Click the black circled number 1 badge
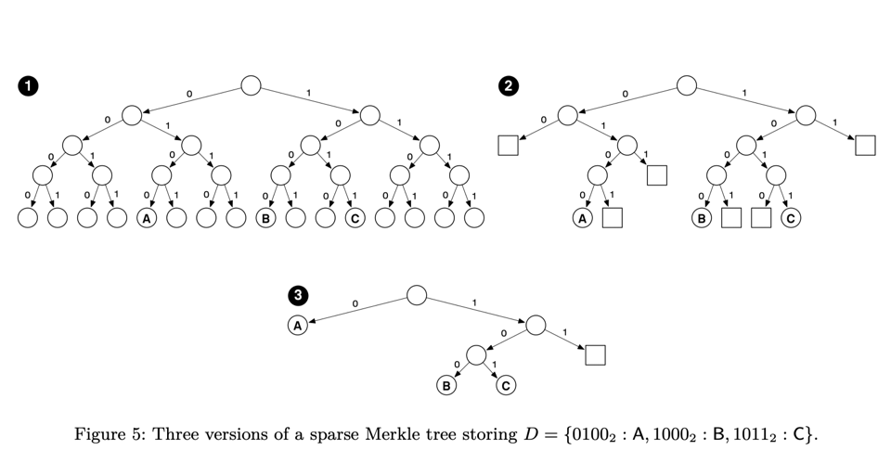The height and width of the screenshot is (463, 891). click(x=29, y=86)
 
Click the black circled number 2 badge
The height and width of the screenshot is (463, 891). click(x=508, y=86)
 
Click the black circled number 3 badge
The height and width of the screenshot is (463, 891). click(x=297, y=296)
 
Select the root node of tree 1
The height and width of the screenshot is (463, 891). click(x=251, y=86)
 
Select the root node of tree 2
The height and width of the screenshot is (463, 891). click(x=686, y=86)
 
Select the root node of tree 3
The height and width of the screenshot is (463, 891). click(x=417, y=296)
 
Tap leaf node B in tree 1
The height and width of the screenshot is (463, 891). click(x=265, y=219)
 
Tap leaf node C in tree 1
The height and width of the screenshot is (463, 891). click(x=355, y=219)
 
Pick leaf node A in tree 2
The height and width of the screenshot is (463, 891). click(x=583, y=219)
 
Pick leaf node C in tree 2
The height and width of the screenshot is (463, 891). click(x=791, y=219)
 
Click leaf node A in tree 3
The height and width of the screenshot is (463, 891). click(x=297, y=326)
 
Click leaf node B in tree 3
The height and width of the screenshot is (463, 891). click(x=447, y=385)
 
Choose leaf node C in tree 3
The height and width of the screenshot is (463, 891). click(x=506, y=385)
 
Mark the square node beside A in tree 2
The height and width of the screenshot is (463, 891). click(x=613, y=219)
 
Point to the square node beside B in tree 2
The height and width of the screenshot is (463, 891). click(x=731, y=219)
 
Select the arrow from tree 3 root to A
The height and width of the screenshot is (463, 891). click(x=357, y=310)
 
